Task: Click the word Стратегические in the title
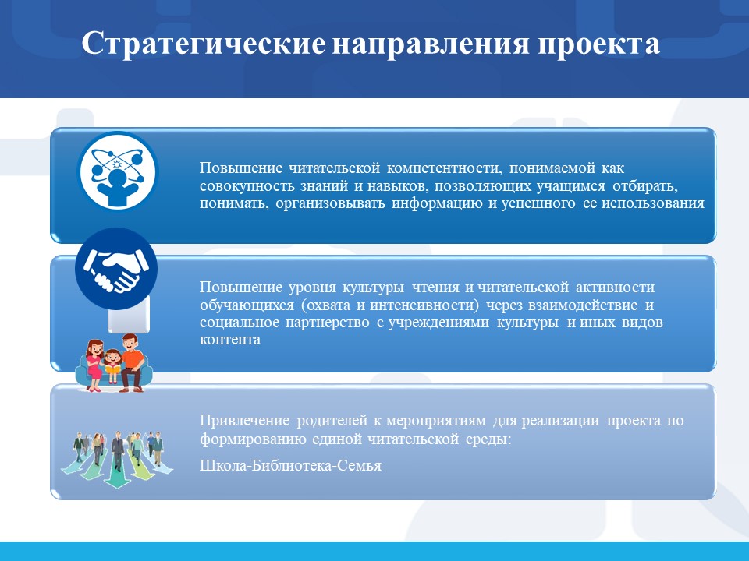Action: [x=204, y=44]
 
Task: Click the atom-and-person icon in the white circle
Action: [x=117, y=171]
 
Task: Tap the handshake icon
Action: [x=116, y=269]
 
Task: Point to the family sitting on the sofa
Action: [x=114, y=364]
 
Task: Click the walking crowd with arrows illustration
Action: [x=117, y=459]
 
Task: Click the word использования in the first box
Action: [x=652, y=203]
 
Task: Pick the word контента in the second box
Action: [x=229, y=340]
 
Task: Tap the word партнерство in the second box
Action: [x=327, y=323]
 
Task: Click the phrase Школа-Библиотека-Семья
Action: [x=290, y=465]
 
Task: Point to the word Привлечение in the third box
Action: [x=244, y=421]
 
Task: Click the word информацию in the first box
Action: [x=437, y=203]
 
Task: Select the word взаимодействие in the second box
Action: [x=583, y=305]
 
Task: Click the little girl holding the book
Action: [x=112, y=366]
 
